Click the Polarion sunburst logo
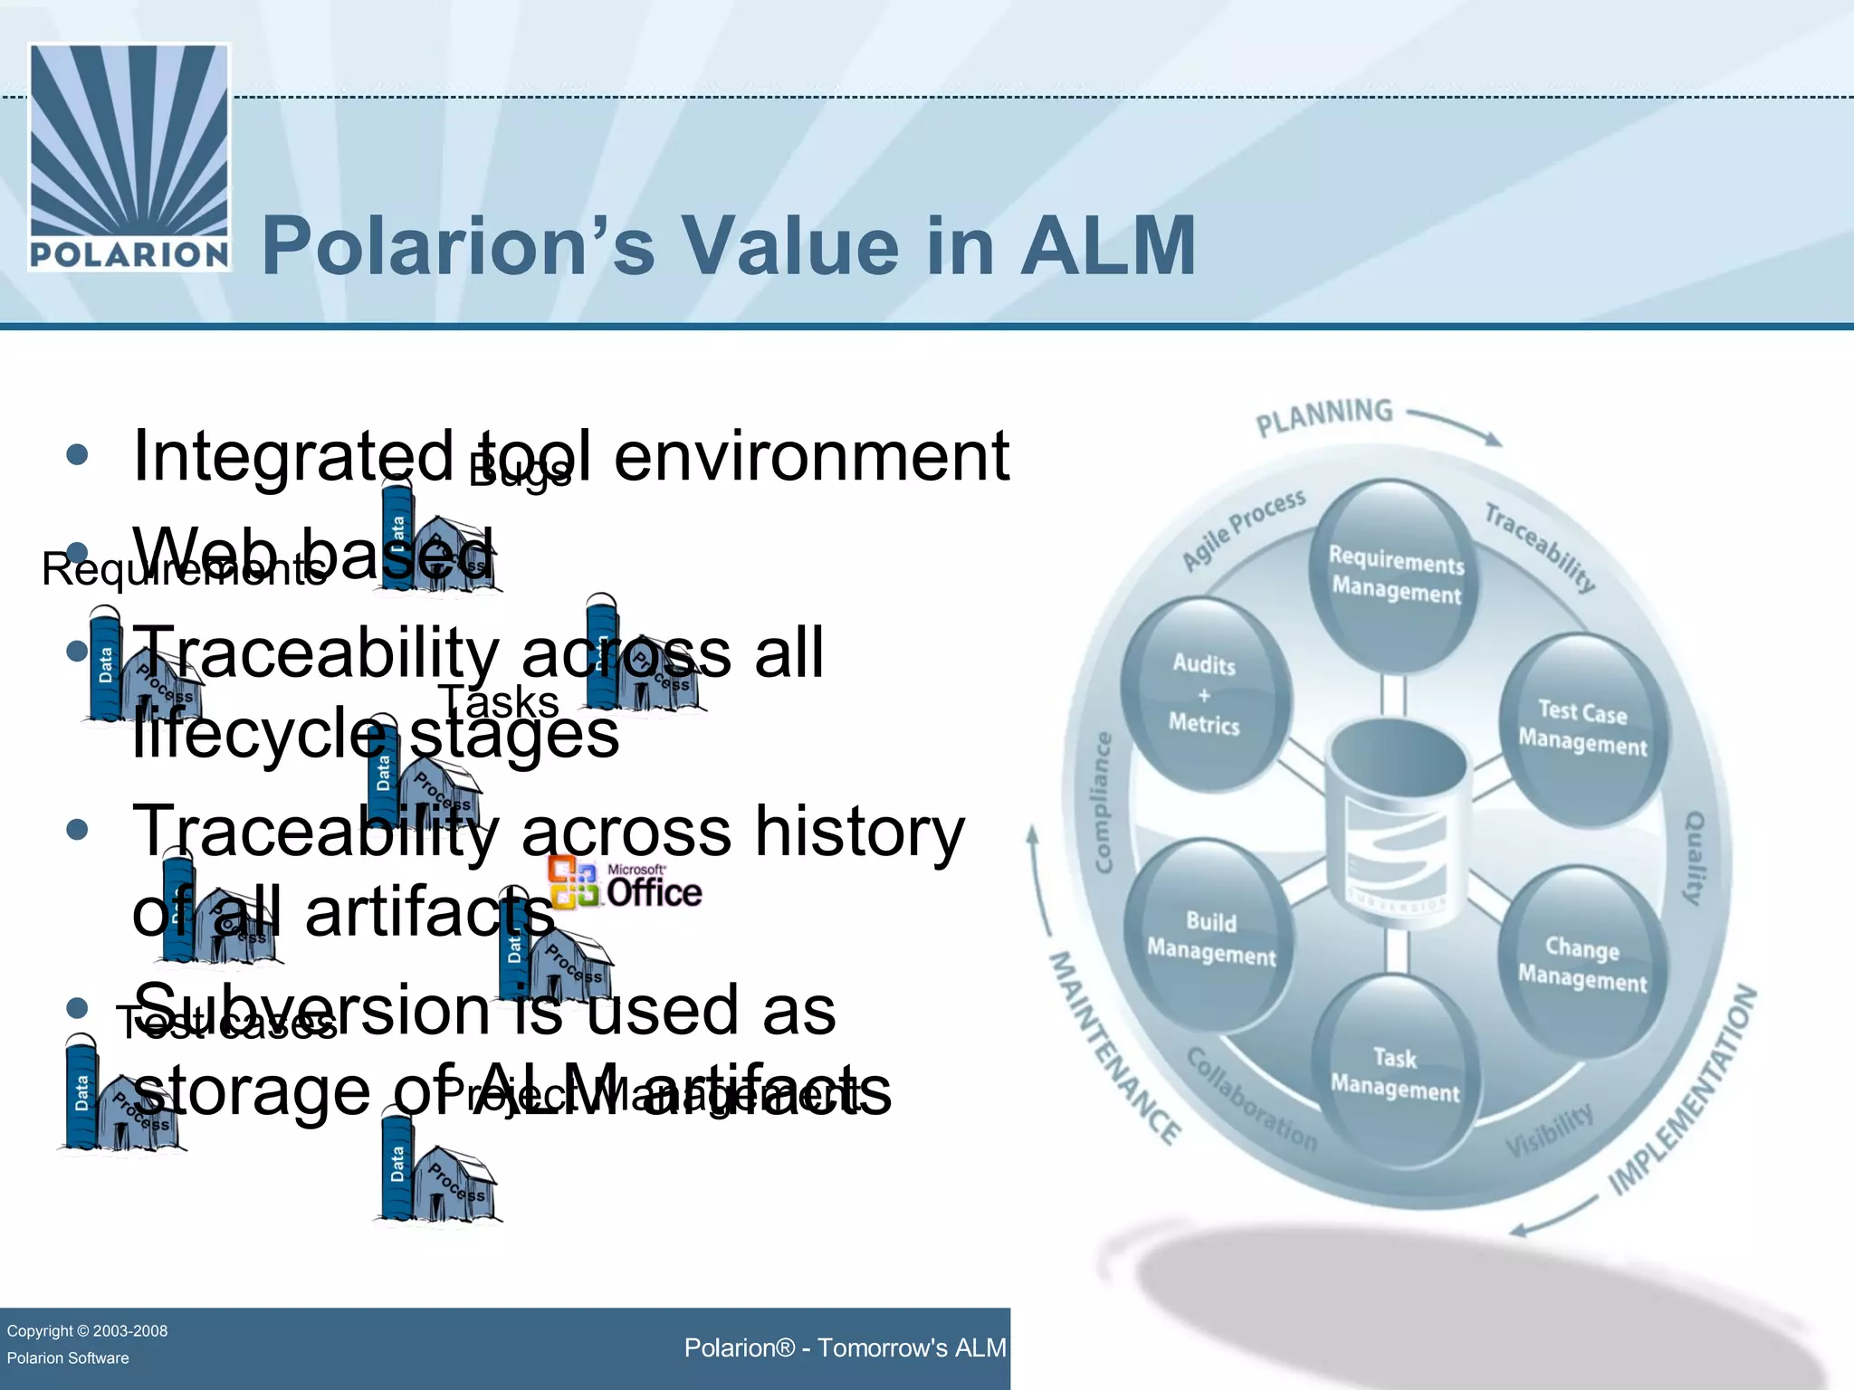[129, 156]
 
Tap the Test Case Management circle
[1582, 728]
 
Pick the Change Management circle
[1582, 964]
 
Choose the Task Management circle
[1395, 1074]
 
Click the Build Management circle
[1210, 938]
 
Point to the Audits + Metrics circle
[1204, 694]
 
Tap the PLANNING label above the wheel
[1324, 416]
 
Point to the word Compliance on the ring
[1103, 804]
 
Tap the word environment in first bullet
[811, 457]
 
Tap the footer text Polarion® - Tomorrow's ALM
[845, 1348]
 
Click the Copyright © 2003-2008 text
[87, 1331]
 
